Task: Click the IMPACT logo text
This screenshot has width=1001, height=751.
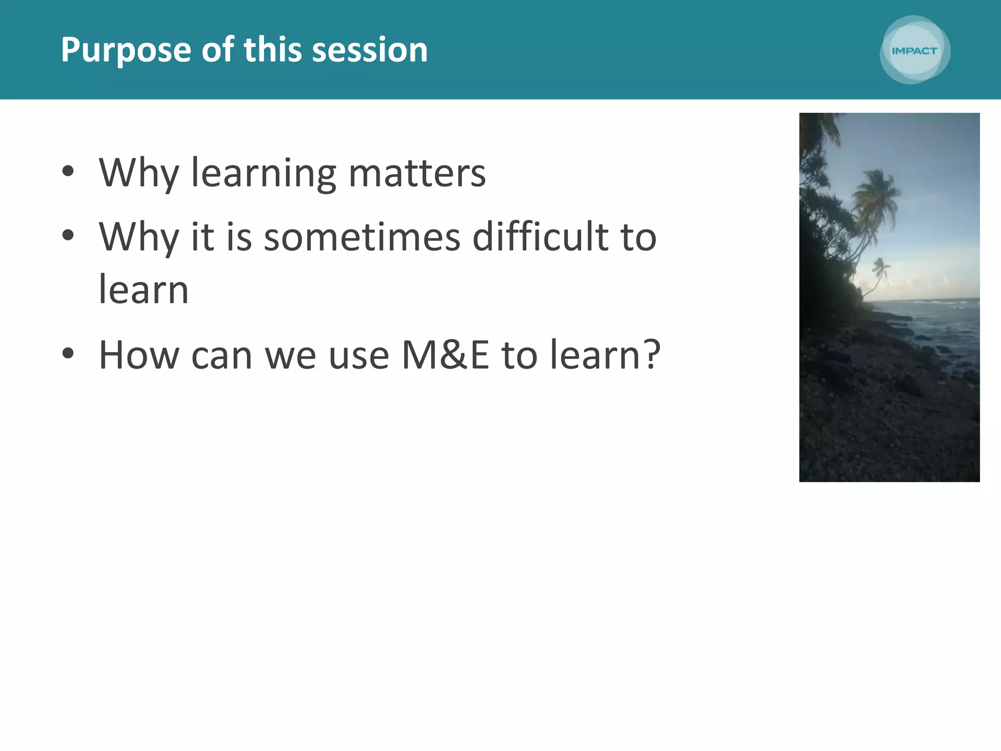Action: [x=914, y=51]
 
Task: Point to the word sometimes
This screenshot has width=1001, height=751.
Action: [x=362, y=237]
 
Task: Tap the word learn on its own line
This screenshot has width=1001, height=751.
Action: [x=144, y=289]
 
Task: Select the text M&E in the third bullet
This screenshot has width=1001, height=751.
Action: [x=445, y=355]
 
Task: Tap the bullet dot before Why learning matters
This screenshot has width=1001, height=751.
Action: [x=68, y=171]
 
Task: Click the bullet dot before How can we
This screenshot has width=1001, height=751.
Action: [x=68, y=353]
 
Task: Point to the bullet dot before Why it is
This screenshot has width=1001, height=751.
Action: [x=68, y=235]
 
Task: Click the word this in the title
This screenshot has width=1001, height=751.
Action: [x=272, y=50]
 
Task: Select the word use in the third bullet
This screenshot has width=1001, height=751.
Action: [x=359, y=356]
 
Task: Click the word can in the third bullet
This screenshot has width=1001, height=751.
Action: [x=221, y=356]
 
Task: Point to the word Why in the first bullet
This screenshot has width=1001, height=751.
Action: [x=139, y=174]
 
